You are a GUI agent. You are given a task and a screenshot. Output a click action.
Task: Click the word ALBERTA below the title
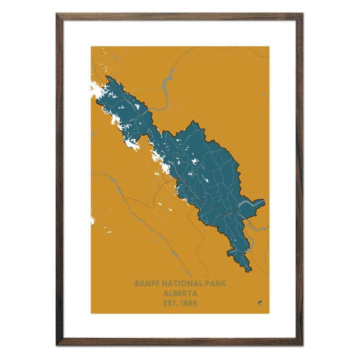pyautogui.click(x=180, y=293)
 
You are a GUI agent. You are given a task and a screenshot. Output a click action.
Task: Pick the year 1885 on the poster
pyautogui.click(x=190, y=303)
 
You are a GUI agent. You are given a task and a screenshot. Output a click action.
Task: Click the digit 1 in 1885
pyautogui.click(x=183, y=303)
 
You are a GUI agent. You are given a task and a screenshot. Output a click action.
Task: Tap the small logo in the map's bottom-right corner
pyautogui.click(x=259, y=303)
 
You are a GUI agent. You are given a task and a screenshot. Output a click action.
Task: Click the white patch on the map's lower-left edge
pyautogui.click(x=92, y=220)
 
